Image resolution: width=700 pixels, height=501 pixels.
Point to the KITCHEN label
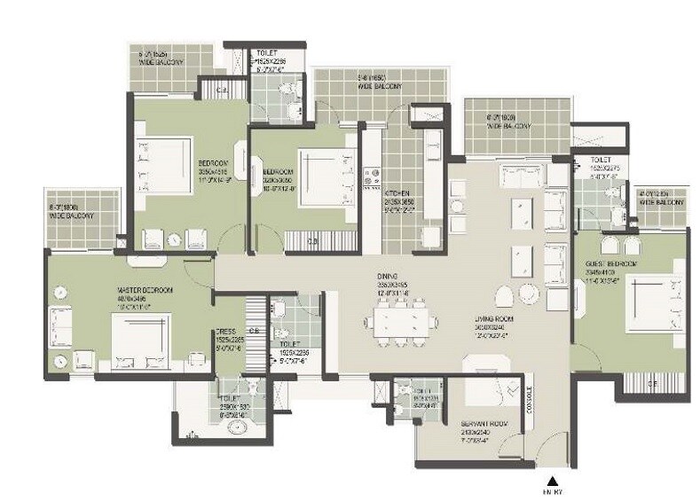click(396, 192)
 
